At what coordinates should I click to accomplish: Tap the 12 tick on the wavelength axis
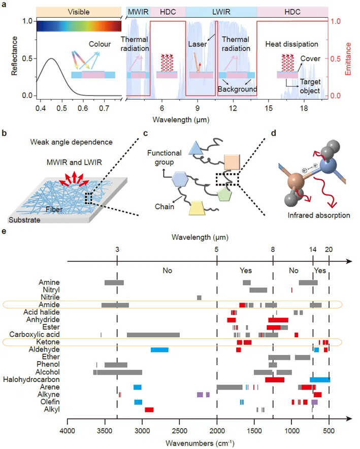coord(233,108)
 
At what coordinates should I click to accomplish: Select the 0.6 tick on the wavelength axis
coord(83,108)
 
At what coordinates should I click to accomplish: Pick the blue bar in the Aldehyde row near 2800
coord(159,350)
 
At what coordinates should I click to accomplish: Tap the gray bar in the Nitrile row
coord(199,298)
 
